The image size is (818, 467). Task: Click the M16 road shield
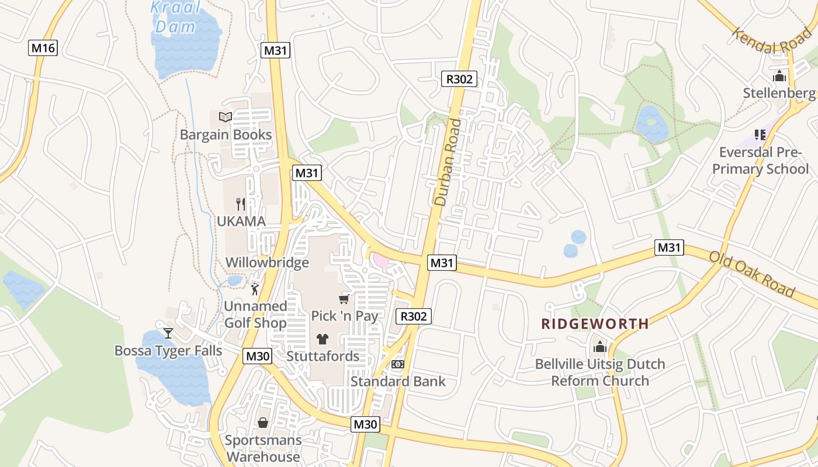click(43, 48)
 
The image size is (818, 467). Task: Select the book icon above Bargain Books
click(226, 117)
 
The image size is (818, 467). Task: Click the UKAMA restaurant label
click(241, 222)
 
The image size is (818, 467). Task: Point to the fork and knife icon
click(240, 204)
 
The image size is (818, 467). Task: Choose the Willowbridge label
click(267, 263)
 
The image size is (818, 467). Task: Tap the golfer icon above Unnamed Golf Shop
click(254, 288)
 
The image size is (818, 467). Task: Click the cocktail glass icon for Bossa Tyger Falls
click(168, 333)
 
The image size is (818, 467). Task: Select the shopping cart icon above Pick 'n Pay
click(344, 299)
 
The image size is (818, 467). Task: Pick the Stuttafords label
click(323, 356)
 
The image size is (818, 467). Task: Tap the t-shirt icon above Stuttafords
click(322, 339)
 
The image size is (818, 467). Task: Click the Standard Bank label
click(398, 382)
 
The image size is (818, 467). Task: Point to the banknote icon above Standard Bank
click(397, 364)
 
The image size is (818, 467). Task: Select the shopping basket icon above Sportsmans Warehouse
click(263, 423)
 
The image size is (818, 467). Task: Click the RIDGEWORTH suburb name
click(595, 324)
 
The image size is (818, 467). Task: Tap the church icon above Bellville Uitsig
click(600, 347)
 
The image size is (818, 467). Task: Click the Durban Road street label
click(448, 162)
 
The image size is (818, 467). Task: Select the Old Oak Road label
click(753, 274)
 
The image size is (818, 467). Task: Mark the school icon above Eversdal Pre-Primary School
click(760, 135)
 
